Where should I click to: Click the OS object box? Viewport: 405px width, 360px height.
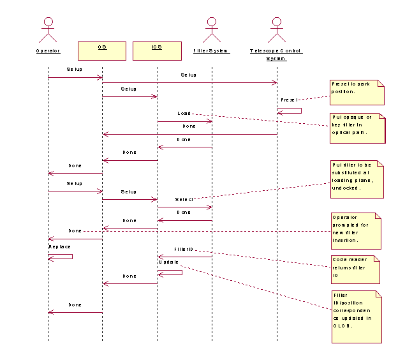[x=102, y=51]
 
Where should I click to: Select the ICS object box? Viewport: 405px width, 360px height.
[x=157, y=51]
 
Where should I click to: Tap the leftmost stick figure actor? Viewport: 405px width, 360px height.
[x=47, y=29]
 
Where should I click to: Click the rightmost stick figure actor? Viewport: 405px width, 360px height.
[x=276, y=29]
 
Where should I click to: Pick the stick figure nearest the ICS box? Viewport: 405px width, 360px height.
[x=212, y=29]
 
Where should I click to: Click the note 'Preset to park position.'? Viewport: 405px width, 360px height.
[x=357, y=92]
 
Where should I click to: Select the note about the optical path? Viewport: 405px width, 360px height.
[x=358, y=128]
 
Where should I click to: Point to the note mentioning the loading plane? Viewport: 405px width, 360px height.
[x=357, y=179]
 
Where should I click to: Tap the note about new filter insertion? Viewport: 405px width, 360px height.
[x=356, y=231]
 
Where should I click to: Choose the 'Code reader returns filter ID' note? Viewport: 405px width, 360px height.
[x=355, y=269]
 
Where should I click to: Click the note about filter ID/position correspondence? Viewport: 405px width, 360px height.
[x=356, y=316]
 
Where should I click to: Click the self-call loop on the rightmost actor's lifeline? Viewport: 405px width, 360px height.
[x=291, y=111]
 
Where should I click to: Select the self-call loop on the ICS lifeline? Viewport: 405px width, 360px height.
[x=171, y=273]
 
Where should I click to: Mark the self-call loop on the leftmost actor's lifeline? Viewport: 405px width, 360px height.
[x=61, y=256]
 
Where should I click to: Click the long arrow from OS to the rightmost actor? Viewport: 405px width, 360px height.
[x=189, y=82]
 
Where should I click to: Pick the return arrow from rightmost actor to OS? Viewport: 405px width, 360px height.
[x=189, y=134]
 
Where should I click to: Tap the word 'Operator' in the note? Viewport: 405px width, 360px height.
[x=343, y=217]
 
